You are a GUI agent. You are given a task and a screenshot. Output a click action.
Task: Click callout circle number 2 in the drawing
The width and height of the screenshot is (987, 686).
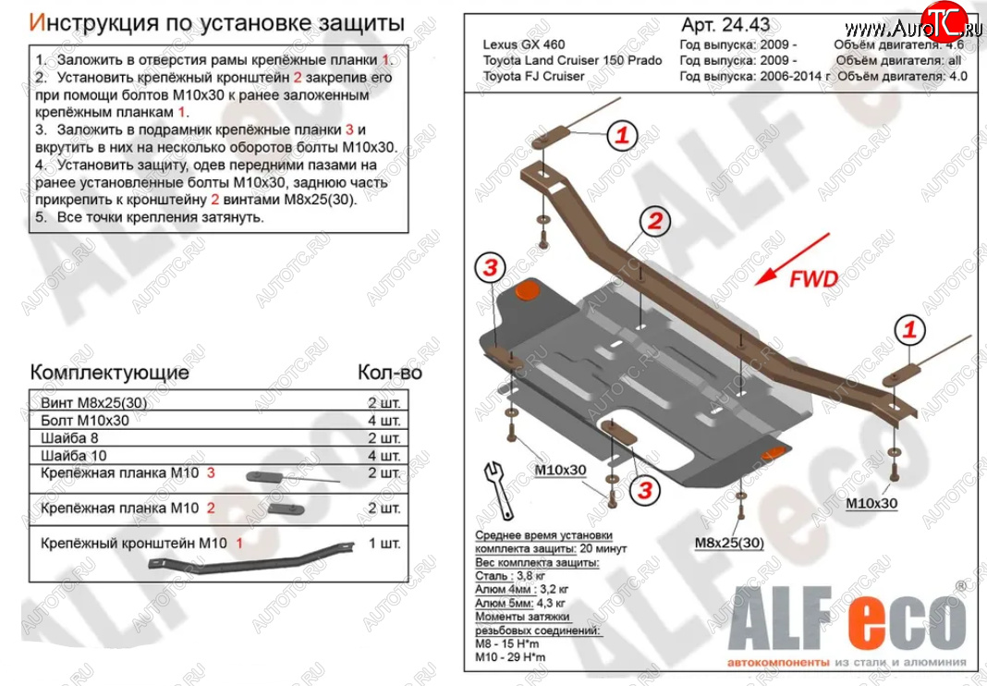[x=652, y=221]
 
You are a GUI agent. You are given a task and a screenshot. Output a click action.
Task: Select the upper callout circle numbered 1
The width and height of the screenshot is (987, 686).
[x=622, y=136]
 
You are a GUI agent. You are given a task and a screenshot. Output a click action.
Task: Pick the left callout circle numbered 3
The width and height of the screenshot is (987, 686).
[x=490, y=268]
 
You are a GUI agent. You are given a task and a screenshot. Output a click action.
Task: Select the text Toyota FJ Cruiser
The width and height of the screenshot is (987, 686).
[x=533, y=76]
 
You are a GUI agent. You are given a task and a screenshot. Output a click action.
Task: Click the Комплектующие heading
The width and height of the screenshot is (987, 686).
[x=110, y=372]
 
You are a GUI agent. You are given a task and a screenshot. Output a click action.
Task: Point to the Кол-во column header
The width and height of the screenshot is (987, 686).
[x=389, y=372]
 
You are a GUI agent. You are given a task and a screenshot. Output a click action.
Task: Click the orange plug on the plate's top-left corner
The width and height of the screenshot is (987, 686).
[x=528, y=290]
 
